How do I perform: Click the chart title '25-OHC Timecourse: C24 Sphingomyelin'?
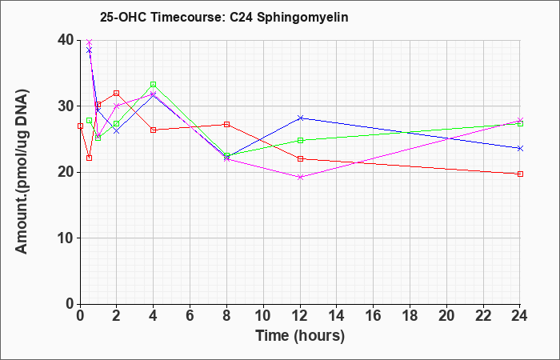point(224,18)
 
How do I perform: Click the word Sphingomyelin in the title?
point(302,18)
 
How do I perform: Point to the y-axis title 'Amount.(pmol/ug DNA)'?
point(22,172)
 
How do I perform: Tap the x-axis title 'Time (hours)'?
point(300,336)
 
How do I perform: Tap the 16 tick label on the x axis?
point(374,316)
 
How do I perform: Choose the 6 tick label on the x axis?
point(190,316)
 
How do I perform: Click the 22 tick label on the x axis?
point(483,316)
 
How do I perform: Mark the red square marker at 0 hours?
point(80,126)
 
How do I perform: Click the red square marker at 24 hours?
point(520,174)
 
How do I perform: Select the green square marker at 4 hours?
point(154,85)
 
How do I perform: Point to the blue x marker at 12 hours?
point(300,118)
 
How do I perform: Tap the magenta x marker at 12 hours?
point(300,177)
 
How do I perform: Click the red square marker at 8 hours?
point(226,124)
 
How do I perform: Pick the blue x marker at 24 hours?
point(520,148)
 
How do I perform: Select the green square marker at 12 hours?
point(300,140)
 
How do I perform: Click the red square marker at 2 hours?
point(117,94)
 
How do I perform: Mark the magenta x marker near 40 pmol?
point(90,42)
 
